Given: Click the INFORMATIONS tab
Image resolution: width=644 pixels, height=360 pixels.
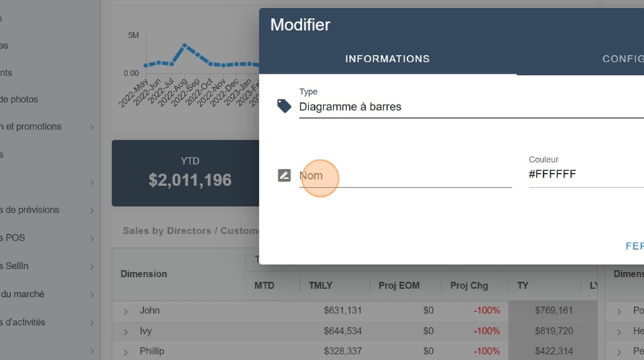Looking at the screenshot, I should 387,59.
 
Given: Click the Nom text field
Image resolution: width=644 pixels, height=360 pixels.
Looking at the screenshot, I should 405,175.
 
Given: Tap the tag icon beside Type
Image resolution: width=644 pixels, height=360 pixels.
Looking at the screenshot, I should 284,106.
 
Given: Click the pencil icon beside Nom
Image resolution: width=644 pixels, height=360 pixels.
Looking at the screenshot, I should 284,175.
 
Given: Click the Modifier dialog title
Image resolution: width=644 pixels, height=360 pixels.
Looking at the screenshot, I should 300,25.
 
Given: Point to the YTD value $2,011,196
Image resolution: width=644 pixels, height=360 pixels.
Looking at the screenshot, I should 190,180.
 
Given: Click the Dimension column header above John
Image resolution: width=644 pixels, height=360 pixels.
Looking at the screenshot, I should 144,273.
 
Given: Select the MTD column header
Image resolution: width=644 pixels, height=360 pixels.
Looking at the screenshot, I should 264,286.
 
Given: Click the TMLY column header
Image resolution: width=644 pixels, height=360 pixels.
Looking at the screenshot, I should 321,286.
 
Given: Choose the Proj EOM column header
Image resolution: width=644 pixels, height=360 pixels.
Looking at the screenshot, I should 399,286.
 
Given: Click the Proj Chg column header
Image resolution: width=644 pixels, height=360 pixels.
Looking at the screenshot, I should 469,286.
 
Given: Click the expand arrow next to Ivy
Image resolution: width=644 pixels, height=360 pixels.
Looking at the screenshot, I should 125,331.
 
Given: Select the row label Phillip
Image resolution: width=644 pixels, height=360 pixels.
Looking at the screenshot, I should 152,351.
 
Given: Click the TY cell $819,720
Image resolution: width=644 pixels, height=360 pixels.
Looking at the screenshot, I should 554,331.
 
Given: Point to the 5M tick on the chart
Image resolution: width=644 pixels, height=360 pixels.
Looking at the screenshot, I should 134,35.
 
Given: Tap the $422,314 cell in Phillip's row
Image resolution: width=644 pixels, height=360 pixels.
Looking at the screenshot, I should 554,351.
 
